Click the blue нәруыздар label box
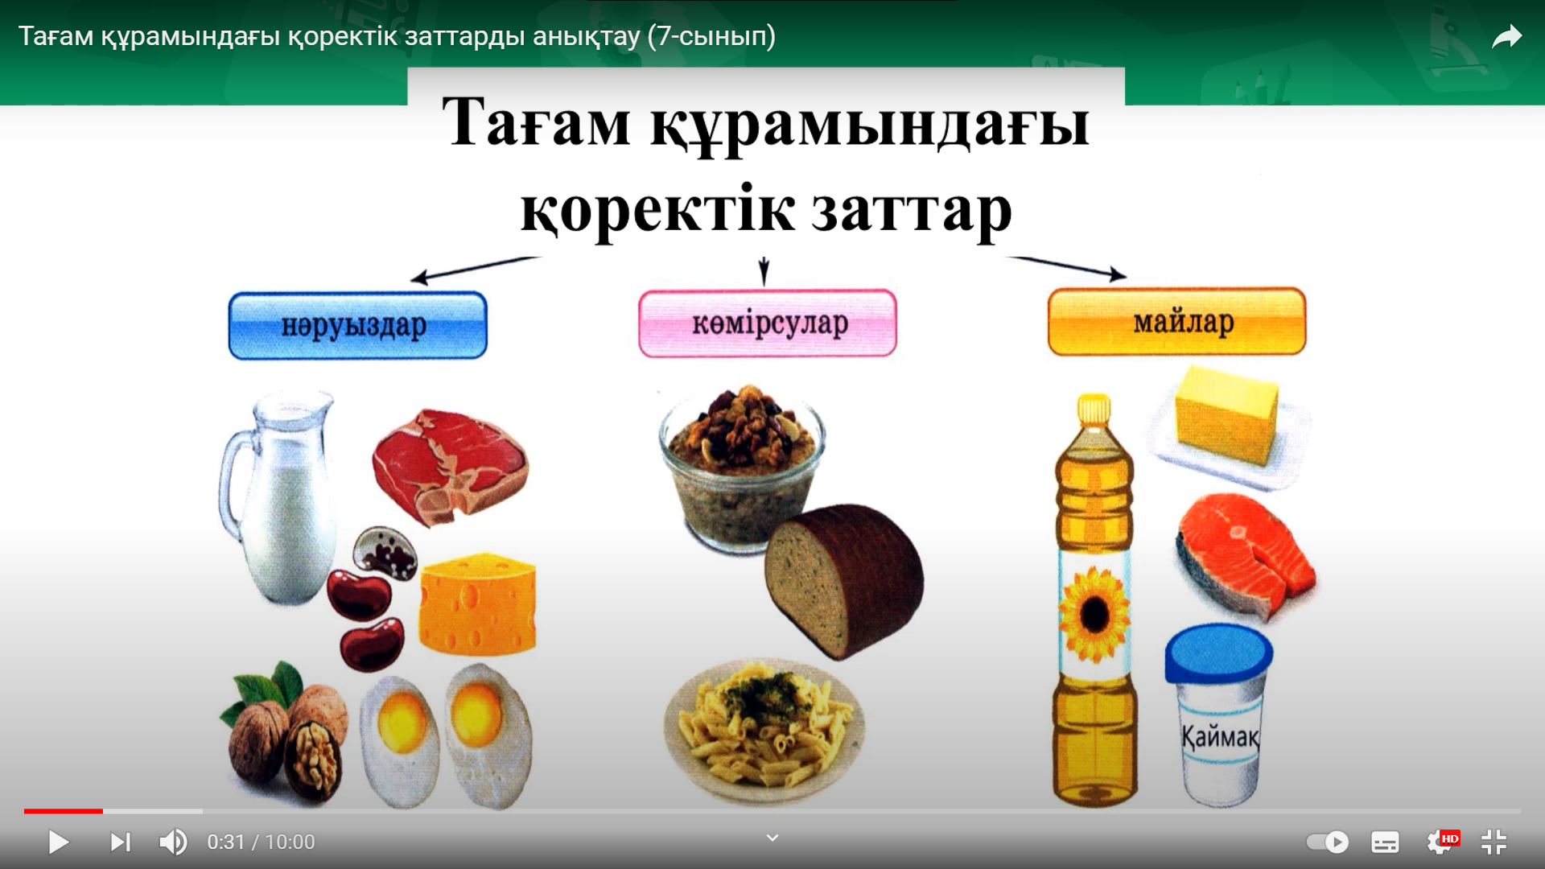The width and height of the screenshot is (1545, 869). point(358,325)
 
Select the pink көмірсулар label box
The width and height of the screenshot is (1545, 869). point(768,323)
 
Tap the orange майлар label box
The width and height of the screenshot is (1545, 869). point(1176,321)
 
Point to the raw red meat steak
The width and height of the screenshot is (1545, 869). point(450,467)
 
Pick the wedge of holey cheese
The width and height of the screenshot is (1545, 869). point(478,603)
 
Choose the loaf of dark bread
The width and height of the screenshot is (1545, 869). point(843,580)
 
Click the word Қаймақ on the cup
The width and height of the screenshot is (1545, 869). point(1220,735)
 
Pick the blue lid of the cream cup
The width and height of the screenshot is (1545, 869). point(1218,653)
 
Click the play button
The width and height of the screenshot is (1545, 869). point(58,842)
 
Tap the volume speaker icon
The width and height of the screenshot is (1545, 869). point(173,842)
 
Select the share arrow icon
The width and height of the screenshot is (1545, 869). point(1506,37)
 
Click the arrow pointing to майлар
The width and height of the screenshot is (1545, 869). point(1067,268)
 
